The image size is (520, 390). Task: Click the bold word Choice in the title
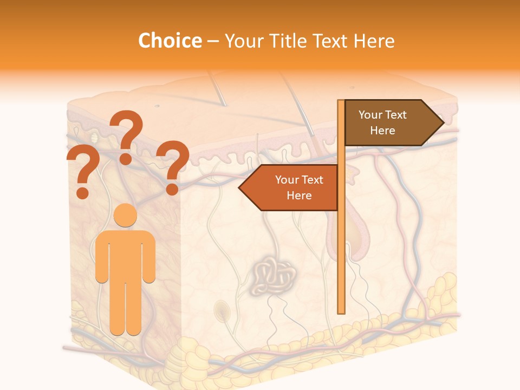170,41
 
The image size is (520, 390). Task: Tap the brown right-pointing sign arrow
390,123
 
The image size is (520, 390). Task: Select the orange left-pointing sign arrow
292,188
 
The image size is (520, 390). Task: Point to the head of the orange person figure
126,216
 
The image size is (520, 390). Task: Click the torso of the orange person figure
126,255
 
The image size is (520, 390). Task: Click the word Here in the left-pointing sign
299,196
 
